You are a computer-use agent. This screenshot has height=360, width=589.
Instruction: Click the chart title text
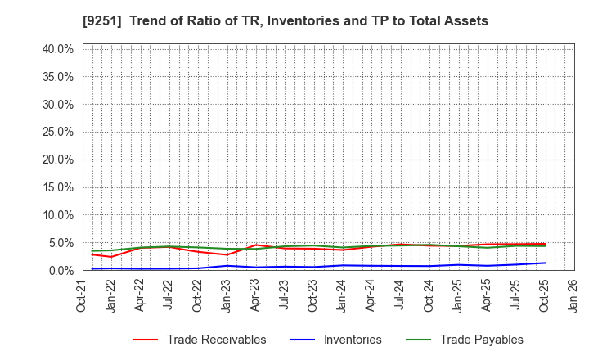tap(294, 20)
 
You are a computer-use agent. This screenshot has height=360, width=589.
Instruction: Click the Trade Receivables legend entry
tap(216, 340)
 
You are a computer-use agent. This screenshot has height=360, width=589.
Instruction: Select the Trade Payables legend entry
tap(481, 340)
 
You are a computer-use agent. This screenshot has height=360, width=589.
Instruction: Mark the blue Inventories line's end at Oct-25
tap(545, 263)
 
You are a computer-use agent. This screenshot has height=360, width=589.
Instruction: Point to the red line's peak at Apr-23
tap(256, 245)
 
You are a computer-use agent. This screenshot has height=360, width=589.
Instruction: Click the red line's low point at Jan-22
tap(112, 257)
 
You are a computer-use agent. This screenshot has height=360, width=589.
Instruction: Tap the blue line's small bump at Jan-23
tap(227, 265)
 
